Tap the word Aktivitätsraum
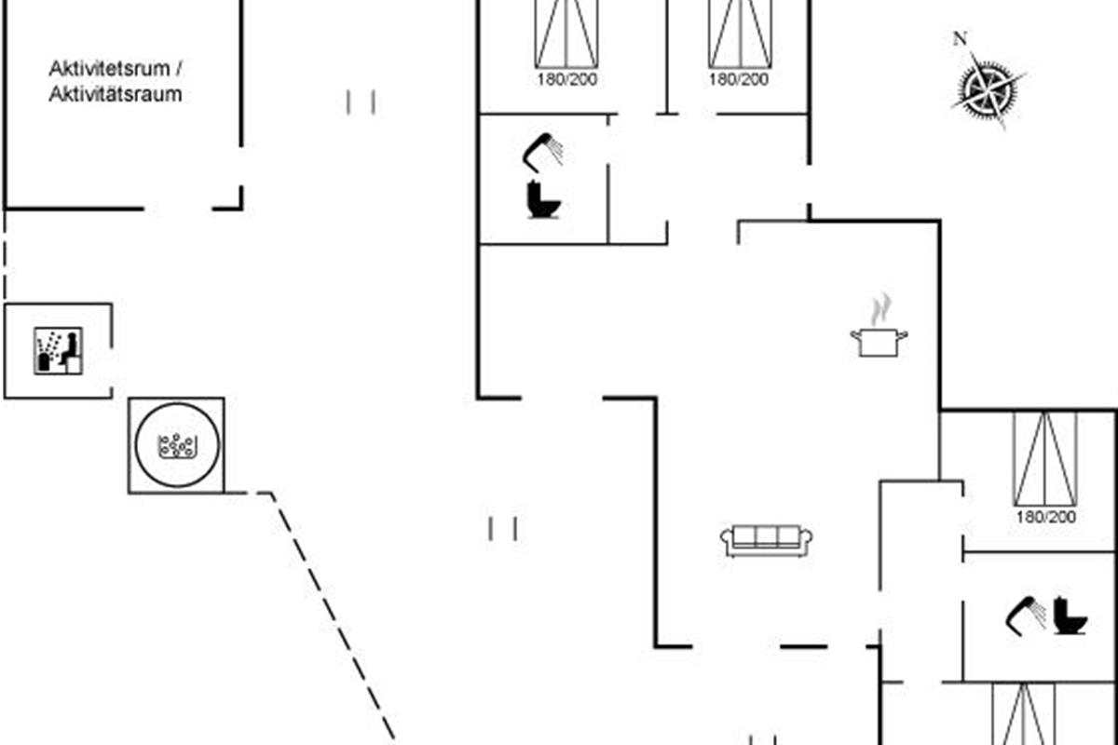point(115,94)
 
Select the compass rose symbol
point(988,88)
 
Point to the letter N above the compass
point(959,39)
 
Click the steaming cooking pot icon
point(879,341)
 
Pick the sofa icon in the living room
point(767,540)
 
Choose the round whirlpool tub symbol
point(177,444)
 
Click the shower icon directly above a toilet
point(543,151)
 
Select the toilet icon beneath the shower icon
point(541,199)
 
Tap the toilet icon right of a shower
point(1070,616)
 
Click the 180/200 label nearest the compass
point(739,80)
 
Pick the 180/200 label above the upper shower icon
point(566,80)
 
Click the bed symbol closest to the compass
point(740,34)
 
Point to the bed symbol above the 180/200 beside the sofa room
point(1045,458)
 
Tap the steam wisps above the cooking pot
point(879,309)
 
